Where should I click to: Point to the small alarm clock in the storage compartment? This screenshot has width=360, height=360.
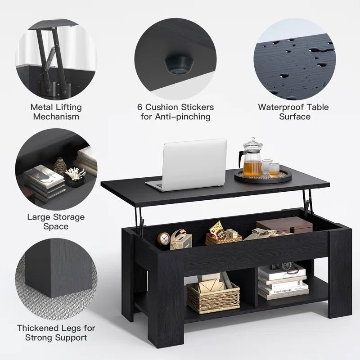click(164, 238)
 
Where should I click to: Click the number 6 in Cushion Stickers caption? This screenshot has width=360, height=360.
click(140, 107)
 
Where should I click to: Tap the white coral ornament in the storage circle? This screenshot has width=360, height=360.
click(75, 173)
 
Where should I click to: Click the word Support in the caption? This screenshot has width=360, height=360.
click(71, 337)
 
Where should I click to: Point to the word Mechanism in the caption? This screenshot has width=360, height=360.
click(56, 117)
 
